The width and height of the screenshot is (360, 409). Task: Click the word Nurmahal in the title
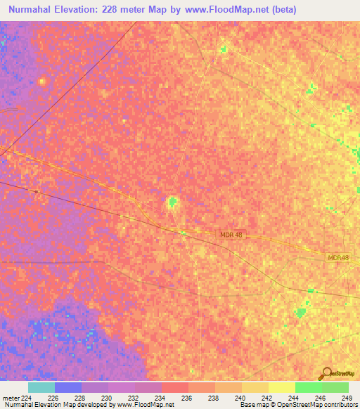coord(32,10)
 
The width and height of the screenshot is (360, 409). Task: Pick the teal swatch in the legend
coord(41,387)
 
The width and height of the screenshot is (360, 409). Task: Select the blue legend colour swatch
coord(68,387)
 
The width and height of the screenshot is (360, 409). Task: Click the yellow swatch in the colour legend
coord(282,387)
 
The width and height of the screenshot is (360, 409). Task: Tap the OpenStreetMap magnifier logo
coord(325,374)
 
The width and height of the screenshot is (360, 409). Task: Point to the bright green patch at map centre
coord(172,203)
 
